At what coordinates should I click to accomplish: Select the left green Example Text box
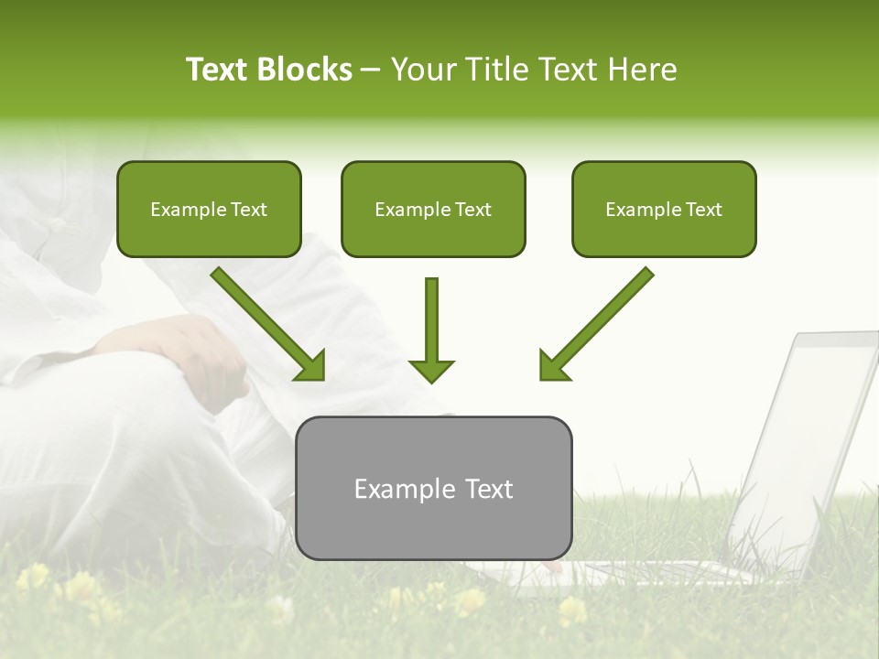209,210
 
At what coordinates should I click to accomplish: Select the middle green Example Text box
433,210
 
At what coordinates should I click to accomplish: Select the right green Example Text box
664,210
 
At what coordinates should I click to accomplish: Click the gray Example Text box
433,488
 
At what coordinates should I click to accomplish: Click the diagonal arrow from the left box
266,322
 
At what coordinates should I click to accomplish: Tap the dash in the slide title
371,70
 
